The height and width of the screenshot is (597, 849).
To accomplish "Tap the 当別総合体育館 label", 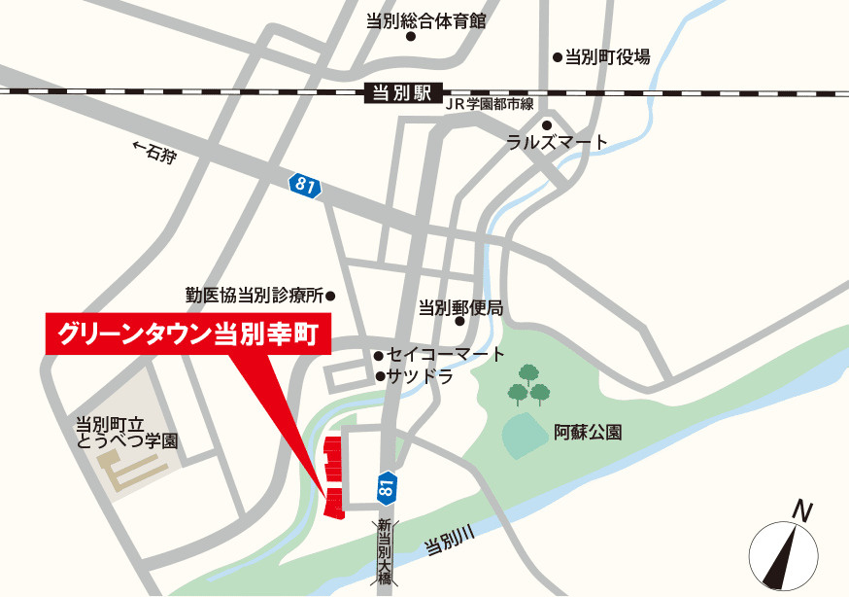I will (425, 20).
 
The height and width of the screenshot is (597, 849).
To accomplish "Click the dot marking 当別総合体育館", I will (411, 37).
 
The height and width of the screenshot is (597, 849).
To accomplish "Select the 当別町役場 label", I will (608, 56).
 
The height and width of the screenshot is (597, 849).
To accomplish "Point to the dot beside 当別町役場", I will (558, 57).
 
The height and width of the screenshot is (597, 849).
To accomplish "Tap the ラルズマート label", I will (558, 143).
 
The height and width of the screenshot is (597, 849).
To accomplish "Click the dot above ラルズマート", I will (547, 124).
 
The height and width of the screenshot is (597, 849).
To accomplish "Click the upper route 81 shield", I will (304, 185).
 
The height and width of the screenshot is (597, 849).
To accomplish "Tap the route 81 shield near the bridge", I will (387, 485).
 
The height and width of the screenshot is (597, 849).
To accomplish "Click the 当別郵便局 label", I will (460, 308).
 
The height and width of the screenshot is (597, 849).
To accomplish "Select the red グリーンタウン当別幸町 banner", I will (188, 334).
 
